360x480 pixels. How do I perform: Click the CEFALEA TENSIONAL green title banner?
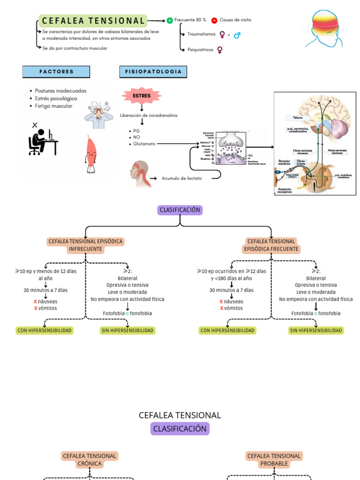pyautogui.click(x=93, y=21)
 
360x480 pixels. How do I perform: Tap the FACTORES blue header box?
pyautogui.click(x=56, y=72)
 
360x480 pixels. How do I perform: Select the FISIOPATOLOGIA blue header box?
pyautogui.click(x=153, y=72)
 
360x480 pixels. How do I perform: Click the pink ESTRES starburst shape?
pyautogui.click(x=142, y=96)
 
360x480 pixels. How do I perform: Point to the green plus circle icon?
pyautogui.click(x=170, y=21)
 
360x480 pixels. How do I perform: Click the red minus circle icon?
pyautogui.click(x=214, y=21)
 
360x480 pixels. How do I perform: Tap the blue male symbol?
pyautogui.click(x=237, y=35)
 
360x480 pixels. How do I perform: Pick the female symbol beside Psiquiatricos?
pyautogui.click(x=220, y=49)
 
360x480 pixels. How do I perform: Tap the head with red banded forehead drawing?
pyautogui.click(x=326, y=28)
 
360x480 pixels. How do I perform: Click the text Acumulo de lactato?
pyautogui.click(x=182, y=178)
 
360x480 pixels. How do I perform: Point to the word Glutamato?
pyautogui.click(x=144, y=144)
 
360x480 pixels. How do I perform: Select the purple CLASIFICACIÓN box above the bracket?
pyautogui.click(x=180, y=210)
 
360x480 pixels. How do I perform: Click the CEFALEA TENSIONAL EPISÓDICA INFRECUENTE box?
pyautogui.click(x=85, y=245)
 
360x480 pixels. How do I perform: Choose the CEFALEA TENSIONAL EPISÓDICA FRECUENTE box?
pyautogui.click(x=271, y=245)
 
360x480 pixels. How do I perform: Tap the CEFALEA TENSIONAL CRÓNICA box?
pyautogui.click(x=89, y=459)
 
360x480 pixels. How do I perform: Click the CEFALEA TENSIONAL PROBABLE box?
pyautogui.click(x=274, y=459)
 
